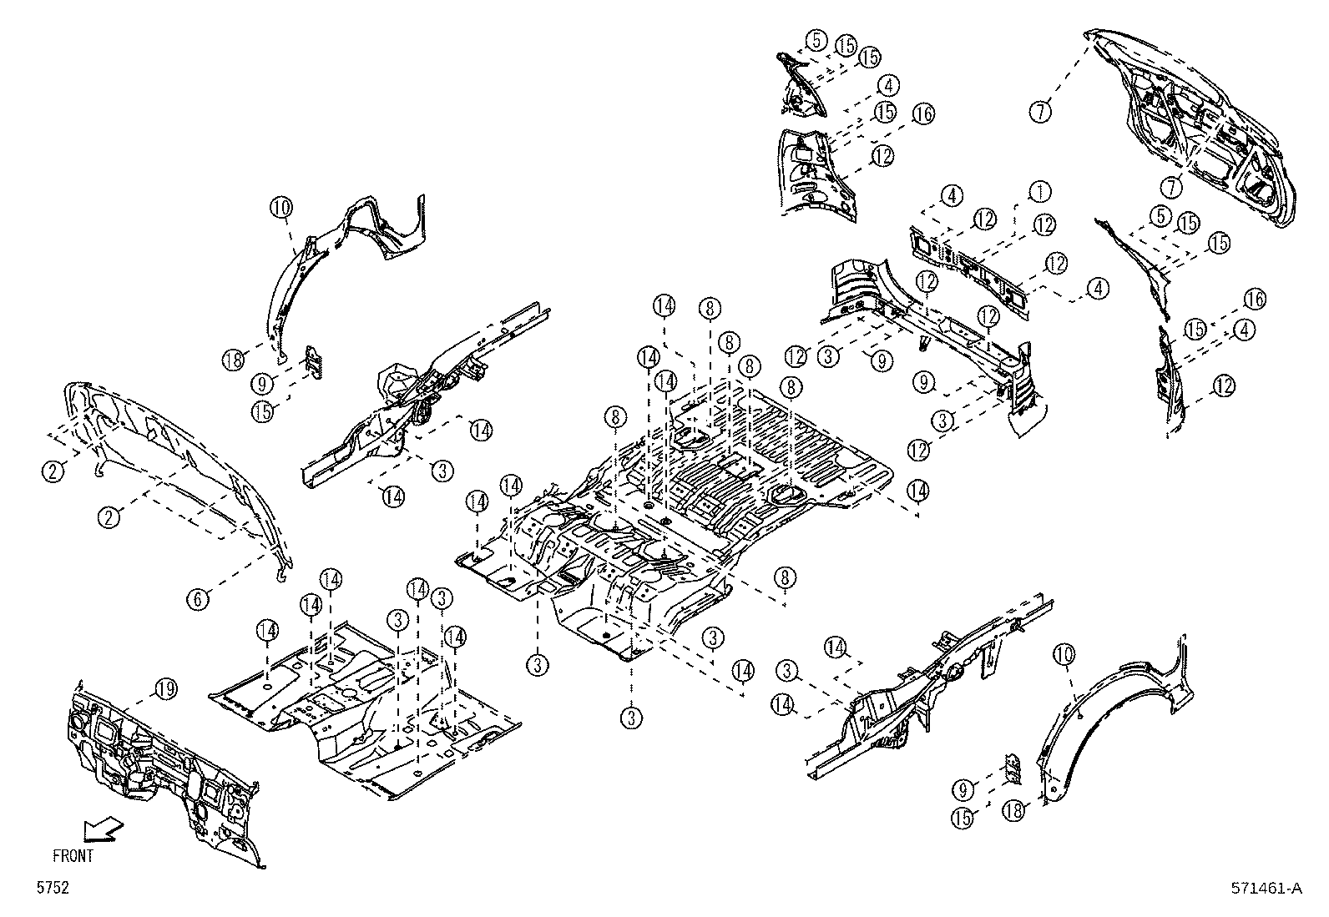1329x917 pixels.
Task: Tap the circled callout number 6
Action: tap(197, 597)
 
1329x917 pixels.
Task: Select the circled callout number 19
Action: tap(165, 689)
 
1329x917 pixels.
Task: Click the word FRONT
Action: tap(73, 855)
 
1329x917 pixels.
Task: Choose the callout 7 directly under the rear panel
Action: tap(1173, 187)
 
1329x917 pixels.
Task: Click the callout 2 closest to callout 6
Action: tap(109, 517)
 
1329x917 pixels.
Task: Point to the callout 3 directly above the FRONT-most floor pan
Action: tap(398, 619)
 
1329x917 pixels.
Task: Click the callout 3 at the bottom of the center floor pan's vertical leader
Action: tap(632, 717)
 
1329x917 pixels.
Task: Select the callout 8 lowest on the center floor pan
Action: tap(784, 577)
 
